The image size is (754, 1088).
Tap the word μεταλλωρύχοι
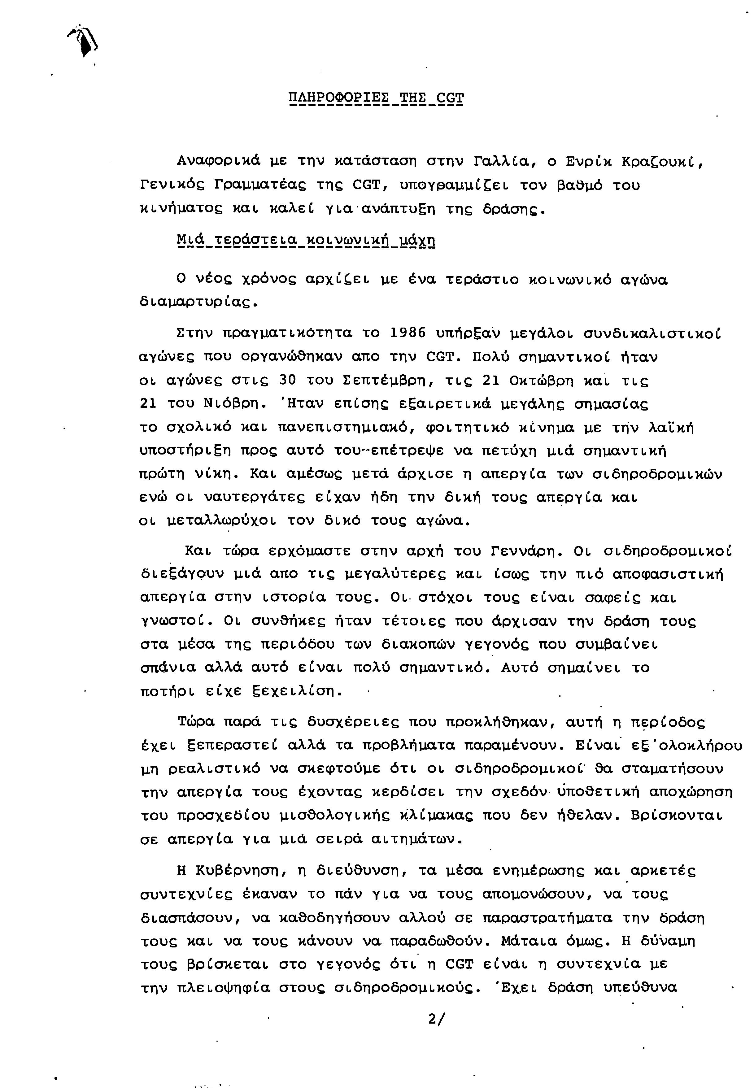[222, 520]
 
